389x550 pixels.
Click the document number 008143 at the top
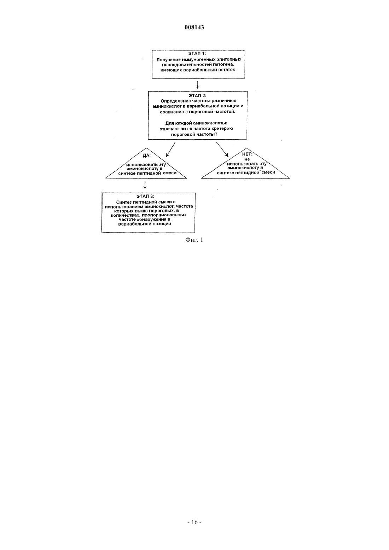coord(194,27)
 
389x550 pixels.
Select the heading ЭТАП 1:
coord(197,53)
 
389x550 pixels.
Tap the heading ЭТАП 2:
coord(197,96)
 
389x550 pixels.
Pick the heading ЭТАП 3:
coord(146,196)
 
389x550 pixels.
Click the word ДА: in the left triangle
coord(147,156)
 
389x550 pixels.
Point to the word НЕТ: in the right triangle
coord(247,154)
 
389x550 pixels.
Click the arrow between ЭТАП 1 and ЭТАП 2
coord(197,85)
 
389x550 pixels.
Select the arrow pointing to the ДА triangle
coord(171,149)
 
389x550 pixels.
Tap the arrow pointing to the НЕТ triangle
coord(222,149)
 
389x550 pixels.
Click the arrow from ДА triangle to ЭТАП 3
coord(145,185)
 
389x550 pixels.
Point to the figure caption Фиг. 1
coord(194,240)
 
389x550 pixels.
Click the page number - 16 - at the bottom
coord(194,522)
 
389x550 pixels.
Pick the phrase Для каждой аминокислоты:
coord(196,123)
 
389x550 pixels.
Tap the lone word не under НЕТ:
coord(247,159)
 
